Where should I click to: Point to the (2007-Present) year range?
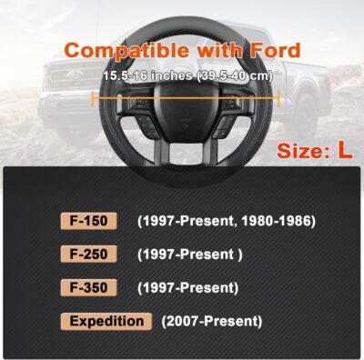(x=211, y=322)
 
